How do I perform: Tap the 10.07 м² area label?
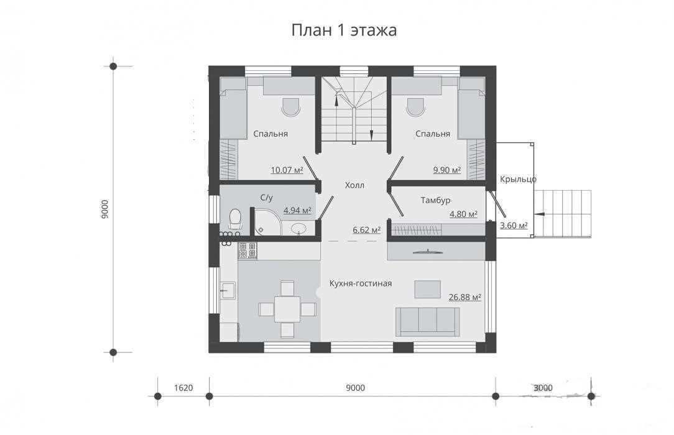pyautogui.click(x=287, y=170)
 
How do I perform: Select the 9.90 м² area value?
pyautogui.click(x=447, y=170)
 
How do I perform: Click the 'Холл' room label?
pyautogui.click(x=354, y=185)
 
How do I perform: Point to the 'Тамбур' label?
pyautogui.click(x=435, y=200)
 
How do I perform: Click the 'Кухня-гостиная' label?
pyautogui.click(x=361, y=283)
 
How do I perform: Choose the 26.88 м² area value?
pyautogui.click(x=464, y=297)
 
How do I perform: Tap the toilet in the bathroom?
pyautogui.click(x=235, y=219)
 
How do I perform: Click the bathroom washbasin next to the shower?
pyautogui.click(x=299, y=229)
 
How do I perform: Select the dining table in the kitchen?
pyautogui.click(x=287, y=309)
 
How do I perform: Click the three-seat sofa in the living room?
pyautogui.click(x=428, y=321)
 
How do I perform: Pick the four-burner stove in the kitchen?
pyautogui.click(x=247, y=251)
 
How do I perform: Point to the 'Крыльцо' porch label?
pyautogui.click(x=518, y=180)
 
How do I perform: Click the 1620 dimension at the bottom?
pyautogui.click(x=183, y=388)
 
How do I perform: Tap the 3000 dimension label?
pyautogui.click(x=543, y=388)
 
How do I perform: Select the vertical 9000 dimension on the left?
pyautogui.click(x=105, y=209)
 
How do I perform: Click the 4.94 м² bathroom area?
pyautogui.click(x=297, y=211)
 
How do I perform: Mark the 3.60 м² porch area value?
pyautogui.click(x=514, y=226)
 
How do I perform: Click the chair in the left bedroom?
pyautogui.click(x=290, y=106)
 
